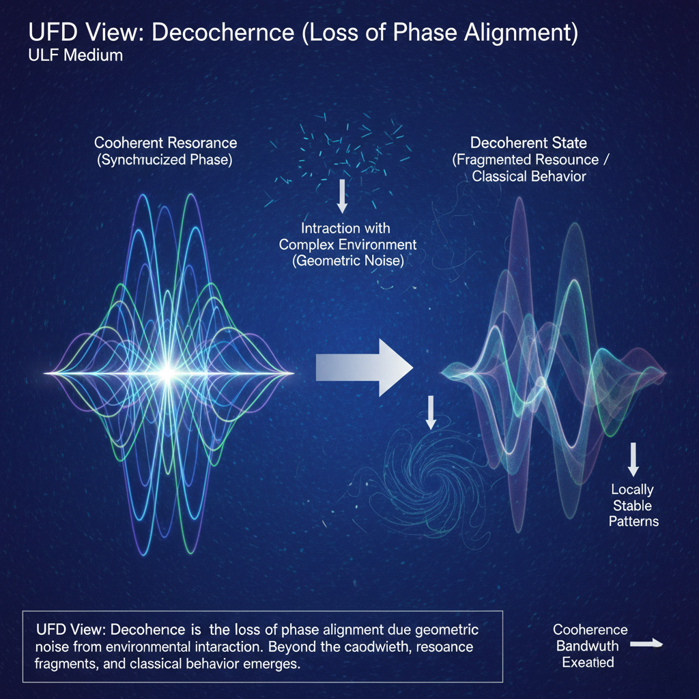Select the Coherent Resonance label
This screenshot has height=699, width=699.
point(166,143)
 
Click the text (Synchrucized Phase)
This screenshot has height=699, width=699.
point(166,160)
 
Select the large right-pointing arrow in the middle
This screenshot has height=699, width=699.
point(365,369)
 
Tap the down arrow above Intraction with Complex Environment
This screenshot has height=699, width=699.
point(343,195)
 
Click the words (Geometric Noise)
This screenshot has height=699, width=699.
point(348,260)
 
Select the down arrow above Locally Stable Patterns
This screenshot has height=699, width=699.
point(633,459)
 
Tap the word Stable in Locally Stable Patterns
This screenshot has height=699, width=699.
point(632,506)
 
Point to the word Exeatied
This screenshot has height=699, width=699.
point(588,661)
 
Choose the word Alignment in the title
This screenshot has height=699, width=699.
point(522,33)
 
